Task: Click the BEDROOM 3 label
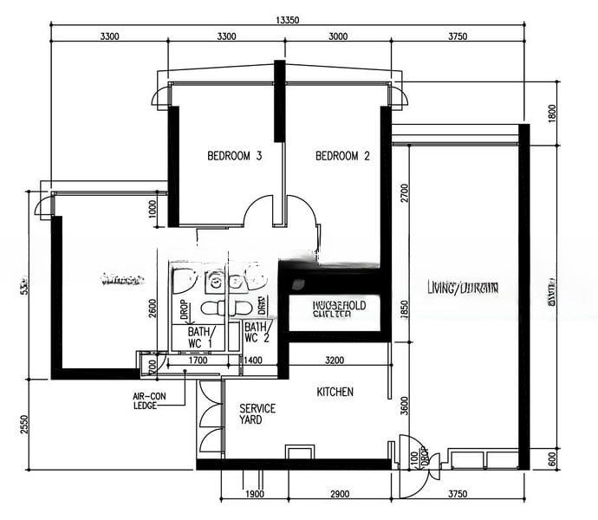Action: pyautogui.click(x=234, y=157)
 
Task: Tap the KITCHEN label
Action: pyautogui.click(x=335, y=393)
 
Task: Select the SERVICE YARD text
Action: pyautogui.click(x=257, y=414)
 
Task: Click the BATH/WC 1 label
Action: pyautogui.click(x=198, y=338)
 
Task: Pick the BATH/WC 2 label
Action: pyautogui.click(x=256, y=333)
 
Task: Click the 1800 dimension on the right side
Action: pyautogui.click(x=553, y=114)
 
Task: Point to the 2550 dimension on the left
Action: pyautogui.click(x=23, y=425)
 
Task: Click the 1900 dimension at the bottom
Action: pyautogui.click(x=254, y=494)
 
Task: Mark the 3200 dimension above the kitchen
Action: pyautogui.click(x=335, y=359)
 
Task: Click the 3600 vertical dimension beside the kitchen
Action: pyautogui.click(x=403, y=406)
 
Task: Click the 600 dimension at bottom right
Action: pyautogui.click(x=553, y=460)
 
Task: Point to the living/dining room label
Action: pyautogui.click(x=462, y=288)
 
